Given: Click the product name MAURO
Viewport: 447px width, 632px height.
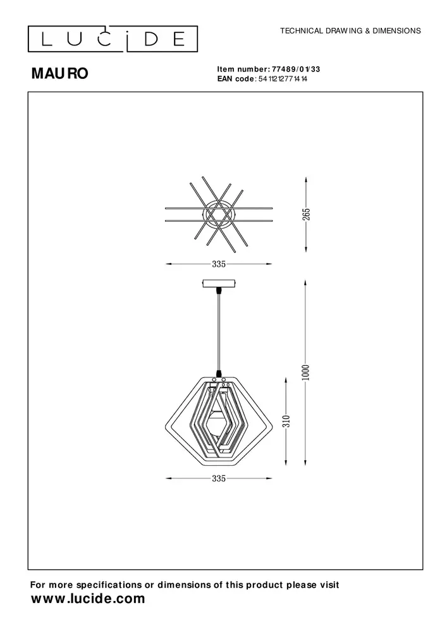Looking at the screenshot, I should point(60,74).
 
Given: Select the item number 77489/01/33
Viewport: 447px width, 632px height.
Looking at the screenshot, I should point(298,70).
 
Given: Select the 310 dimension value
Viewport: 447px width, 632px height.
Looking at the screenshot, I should point(286,422).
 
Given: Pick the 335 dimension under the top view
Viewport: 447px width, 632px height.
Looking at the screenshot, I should point(219,264).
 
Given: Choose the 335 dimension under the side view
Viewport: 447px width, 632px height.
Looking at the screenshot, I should point(219,479).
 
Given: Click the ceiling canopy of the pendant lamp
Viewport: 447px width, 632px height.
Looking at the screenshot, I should point(219,284).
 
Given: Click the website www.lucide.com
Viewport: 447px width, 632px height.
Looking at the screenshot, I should point(88,599).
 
